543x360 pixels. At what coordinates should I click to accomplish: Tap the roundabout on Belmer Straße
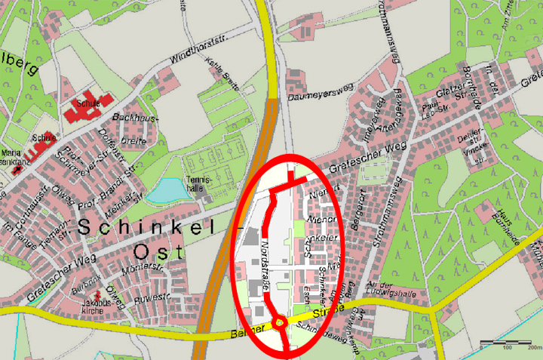click(280, 323)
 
